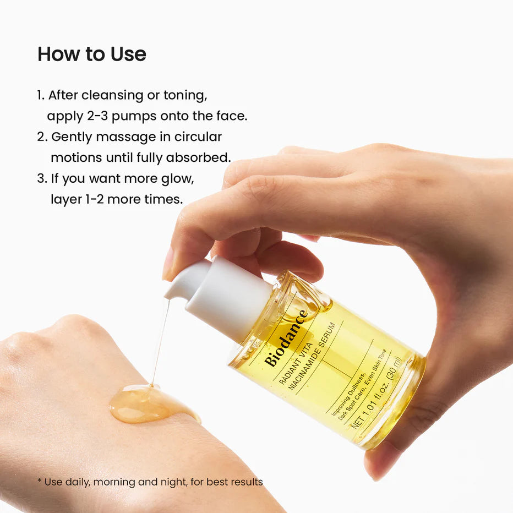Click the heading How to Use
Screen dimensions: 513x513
pyautogui.click(x=91, y=54)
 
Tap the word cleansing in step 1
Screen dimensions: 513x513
pyautogui.click(x=112, y=95)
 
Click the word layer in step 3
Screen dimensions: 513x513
pyautogui.click(x=67, y=199)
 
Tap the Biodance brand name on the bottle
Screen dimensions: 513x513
pyautogui.click(x=286, y=339)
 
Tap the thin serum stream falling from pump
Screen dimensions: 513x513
pyautogui.click(x=160, y=341)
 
